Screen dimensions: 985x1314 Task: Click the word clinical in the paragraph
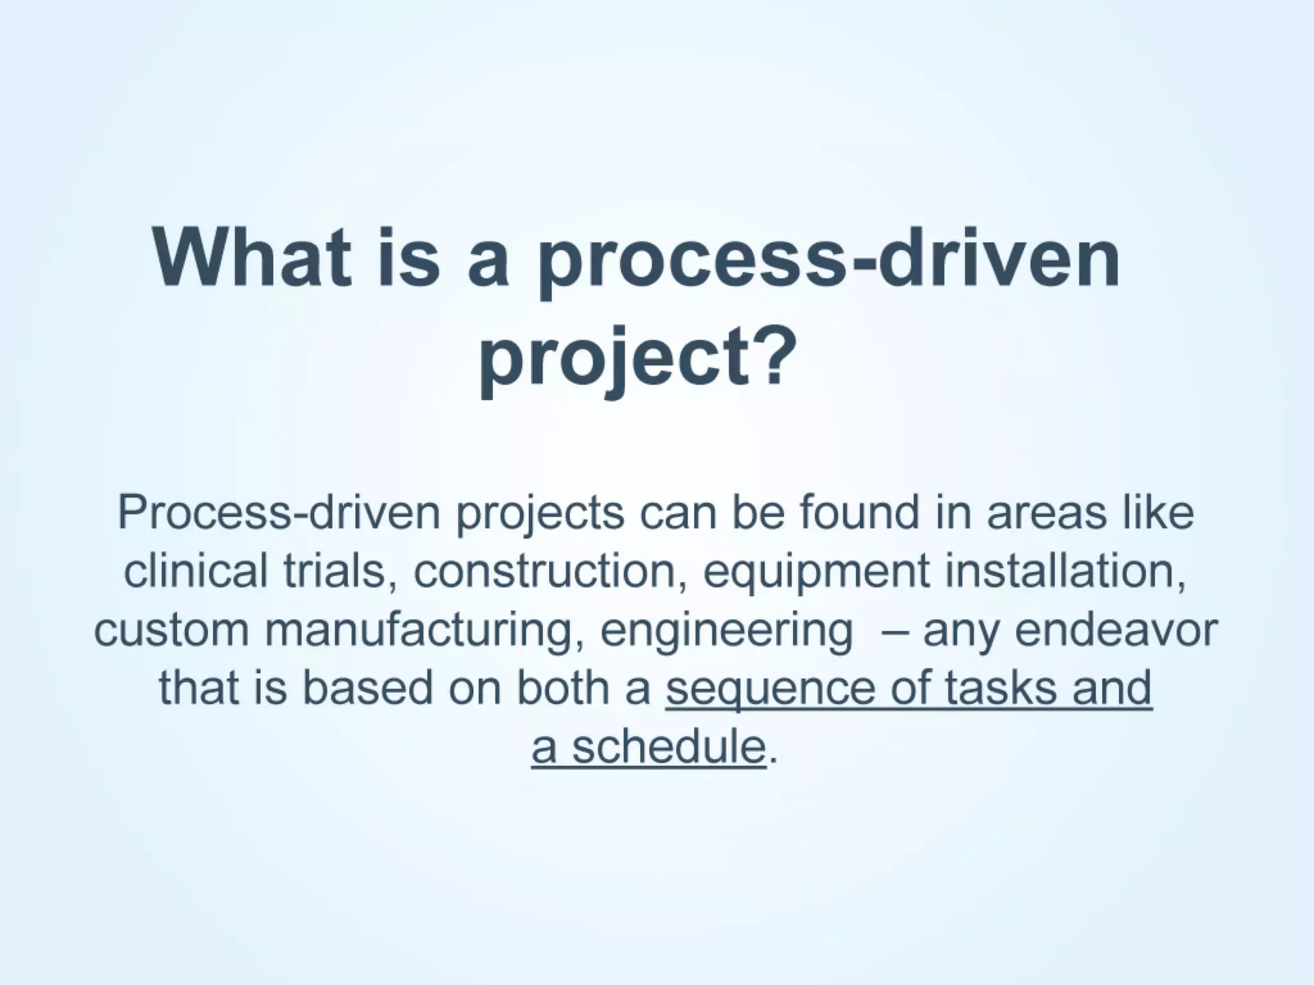(x=195, y=571)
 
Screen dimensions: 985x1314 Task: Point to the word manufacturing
(x=423, y=630)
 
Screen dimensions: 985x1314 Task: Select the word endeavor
(x=1116, y=630)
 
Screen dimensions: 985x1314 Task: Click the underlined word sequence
(x=770, y=689)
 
